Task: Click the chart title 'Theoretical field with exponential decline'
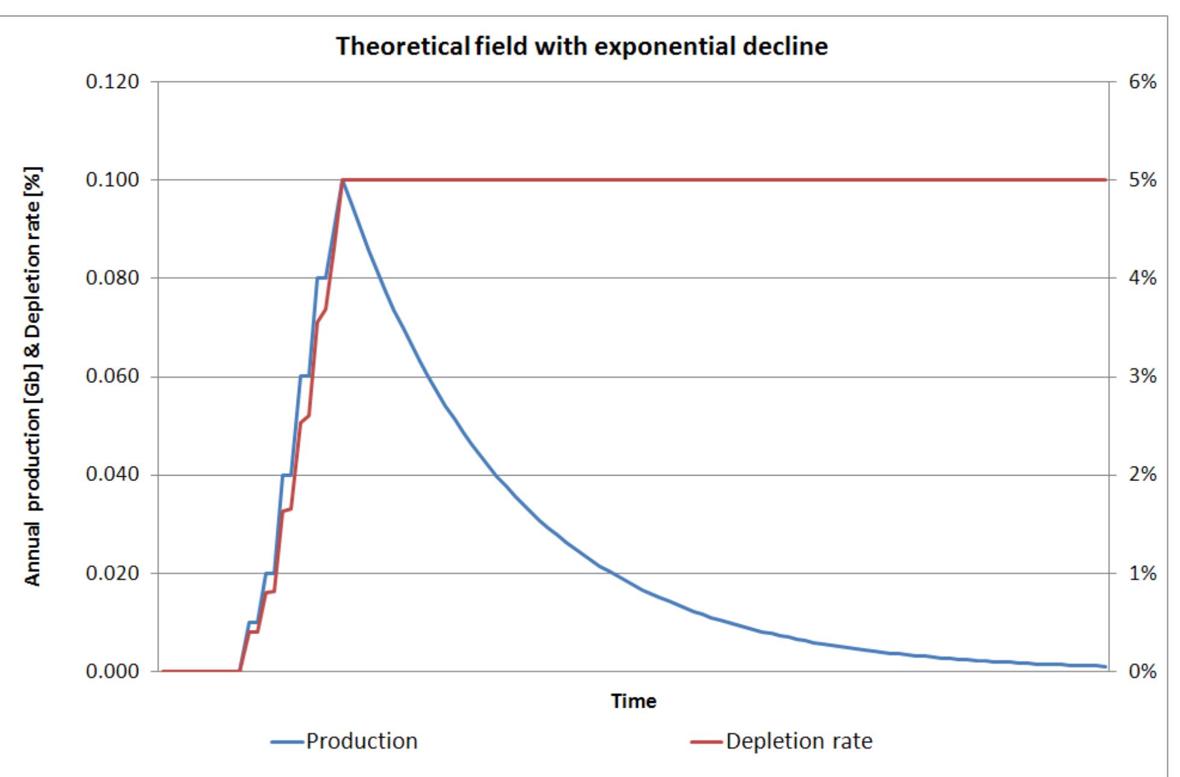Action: (x=581, y=46)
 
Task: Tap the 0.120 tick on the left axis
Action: (x=113, y=81)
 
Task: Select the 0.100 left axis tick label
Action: (x=113, y=180)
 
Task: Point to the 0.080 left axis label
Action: (x=113, y=278)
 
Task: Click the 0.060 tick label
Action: (x=113, y=376)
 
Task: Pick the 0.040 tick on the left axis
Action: (x=113, y=474)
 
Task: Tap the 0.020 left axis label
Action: (x=113, y=573)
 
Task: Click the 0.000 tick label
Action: (x=113, y=671)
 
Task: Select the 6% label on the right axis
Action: (x=1142, y=81)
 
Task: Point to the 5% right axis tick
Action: (x=1142, y=180)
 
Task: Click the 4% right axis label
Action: (x=1142, y=278)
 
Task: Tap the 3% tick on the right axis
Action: (x=1142, y=376)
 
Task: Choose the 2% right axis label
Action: (x=1142, y=474)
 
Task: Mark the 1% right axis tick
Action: (x=1142, y=573)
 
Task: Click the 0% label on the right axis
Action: (x=1142, y=671)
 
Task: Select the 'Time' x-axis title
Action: (x=633, y=701)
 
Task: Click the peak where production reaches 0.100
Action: (x=342, y=180)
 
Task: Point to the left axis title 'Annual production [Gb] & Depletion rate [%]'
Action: (x=33, y=376)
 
